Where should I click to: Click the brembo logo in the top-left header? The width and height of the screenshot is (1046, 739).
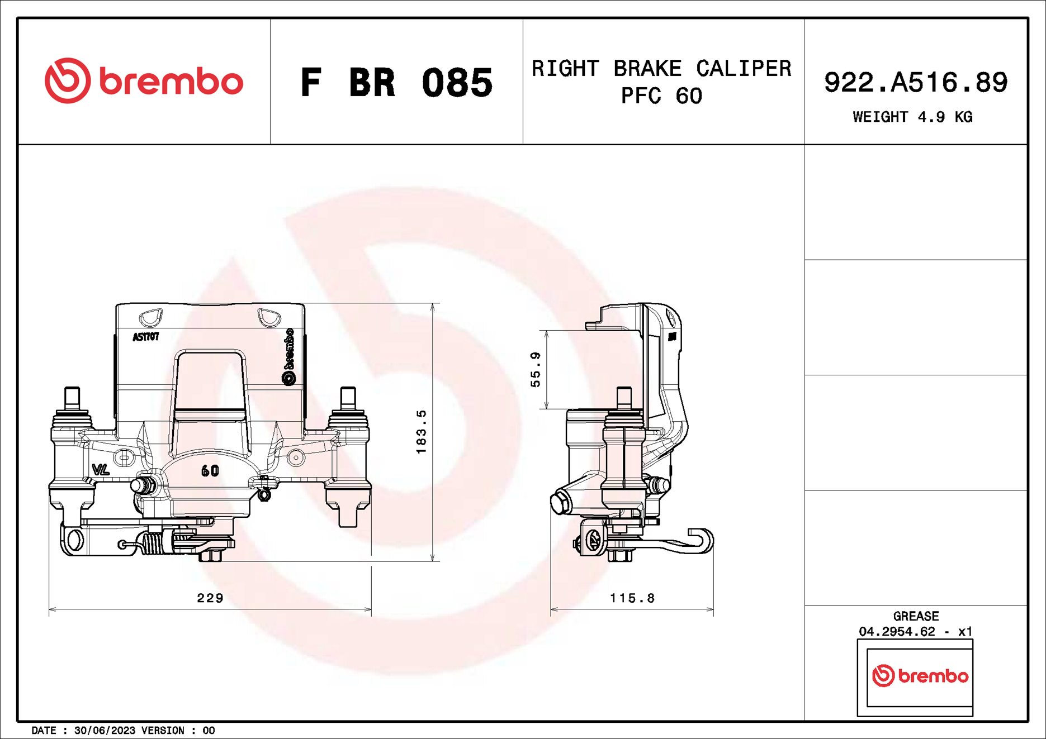[144, 81]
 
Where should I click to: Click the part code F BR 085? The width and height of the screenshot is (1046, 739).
[396, 83]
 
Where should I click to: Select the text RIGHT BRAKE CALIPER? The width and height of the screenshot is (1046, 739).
[661, 69]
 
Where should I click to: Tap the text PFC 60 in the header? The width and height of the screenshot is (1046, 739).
[661, 96]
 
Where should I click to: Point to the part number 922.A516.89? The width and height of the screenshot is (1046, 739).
[916, 83]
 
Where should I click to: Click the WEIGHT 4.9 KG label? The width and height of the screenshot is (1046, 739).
[912, 117]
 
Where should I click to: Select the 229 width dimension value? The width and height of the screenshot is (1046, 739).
[210, 598]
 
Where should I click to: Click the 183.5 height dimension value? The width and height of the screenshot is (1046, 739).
[422, 432]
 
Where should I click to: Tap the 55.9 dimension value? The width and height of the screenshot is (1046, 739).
[536, 369]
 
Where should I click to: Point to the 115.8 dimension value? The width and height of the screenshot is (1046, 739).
[632, 598]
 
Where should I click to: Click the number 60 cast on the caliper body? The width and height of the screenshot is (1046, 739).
[210, 471]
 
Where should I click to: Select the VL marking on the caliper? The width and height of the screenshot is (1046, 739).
[101, 470]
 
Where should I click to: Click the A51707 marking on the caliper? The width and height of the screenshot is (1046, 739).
[146, 337]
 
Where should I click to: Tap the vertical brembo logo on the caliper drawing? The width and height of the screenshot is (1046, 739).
[288, 356]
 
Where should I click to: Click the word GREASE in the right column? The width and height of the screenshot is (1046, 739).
[916, 616]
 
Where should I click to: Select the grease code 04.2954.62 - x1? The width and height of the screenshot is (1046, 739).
[916, 632]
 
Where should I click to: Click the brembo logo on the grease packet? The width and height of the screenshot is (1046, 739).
[920, 676]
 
